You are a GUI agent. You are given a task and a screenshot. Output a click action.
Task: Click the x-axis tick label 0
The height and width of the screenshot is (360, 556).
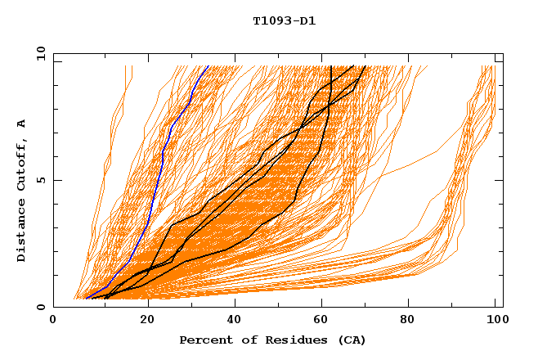point(53,321)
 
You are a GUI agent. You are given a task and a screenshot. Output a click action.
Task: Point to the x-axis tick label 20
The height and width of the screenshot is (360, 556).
point(147,321)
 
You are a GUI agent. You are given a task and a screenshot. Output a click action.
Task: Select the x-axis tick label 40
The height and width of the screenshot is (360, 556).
point(235,321)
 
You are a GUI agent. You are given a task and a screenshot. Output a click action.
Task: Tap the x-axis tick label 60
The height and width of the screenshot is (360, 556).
point(324,321)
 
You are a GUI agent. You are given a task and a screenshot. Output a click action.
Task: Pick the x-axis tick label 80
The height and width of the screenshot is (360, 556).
point(412,321)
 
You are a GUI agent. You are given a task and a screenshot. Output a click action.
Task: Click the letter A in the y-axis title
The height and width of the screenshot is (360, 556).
point(22,124)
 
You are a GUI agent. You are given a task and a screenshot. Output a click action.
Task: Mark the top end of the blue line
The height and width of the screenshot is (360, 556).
point(208,65)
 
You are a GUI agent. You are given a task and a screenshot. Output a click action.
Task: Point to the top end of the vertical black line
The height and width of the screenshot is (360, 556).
point(329,65)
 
